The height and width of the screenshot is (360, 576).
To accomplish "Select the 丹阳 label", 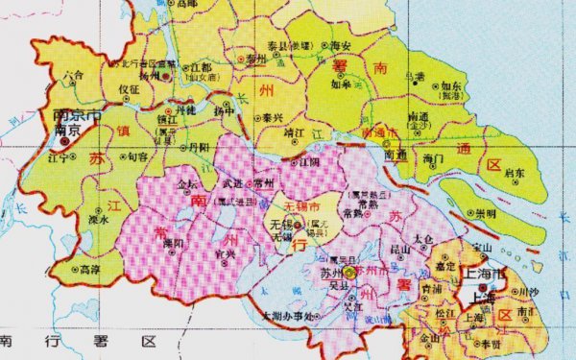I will [198, 148].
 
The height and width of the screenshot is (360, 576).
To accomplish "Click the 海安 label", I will [339, 45].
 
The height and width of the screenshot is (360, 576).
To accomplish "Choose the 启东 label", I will [515, 174].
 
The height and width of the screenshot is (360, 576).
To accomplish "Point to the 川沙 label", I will [519, 291].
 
